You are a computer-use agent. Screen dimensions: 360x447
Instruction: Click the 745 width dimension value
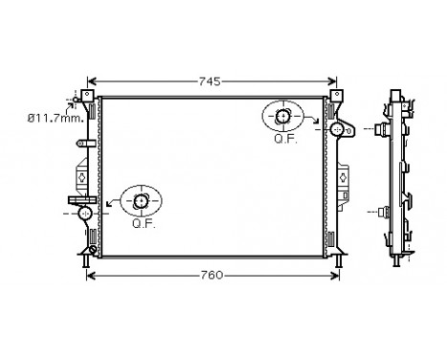pyautogui.click(x=211, y=82)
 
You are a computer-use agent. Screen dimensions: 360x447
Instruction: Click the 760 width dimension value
pyautogui.click(x=212, y=276)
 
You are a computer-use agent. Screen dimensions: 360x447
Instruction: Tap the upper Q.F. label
pyautogui.click(x=284, y=138)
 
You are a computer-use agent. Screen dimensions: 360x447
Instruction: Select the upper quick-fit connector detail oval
pyautogui.click(x=284, y=117)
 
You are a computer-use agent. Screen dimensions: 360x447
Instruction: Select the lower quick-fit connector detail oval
pyautogui.click(x=142, y=200)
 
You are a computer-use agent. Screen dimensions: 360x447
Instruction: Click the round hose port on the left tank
pyautogui.click(x=85, y=212)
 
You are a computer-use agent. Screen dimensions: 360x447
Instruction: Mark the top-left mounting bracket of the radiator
pyautogui.click(x=86, y=97)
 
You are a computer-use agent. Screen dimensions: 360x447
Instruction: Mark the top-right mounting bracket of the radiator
pyautogui.click(x=336, y=97)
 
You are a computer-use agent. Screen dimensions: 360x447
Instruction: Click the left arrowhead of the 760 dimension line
pyautogui.click(x=91, y=276)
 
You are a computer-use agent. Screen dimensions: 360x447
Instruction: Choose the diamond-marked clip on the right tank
pyautogui.click(x=342, y=176)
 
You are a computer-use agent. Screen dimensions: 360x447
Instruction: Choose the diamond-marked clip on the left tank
pyautogui.click(x=79, y=176)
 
